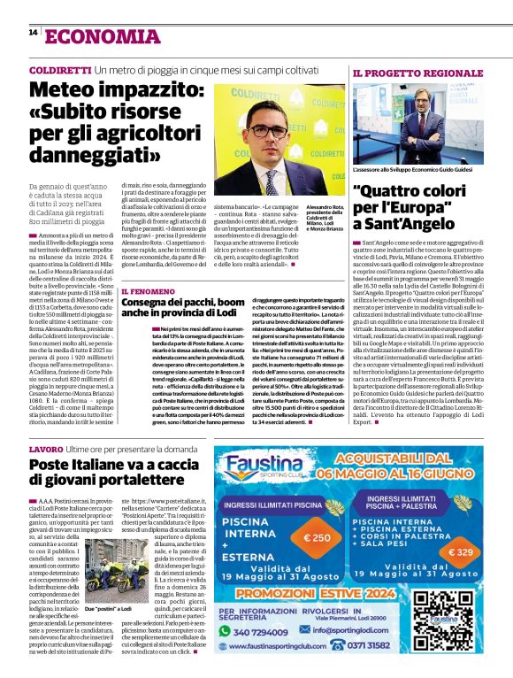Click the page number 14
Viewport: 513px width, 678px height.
tap(33, 33)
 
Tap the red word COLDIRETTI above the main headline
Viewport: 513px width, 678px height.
tap(60, 70)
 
